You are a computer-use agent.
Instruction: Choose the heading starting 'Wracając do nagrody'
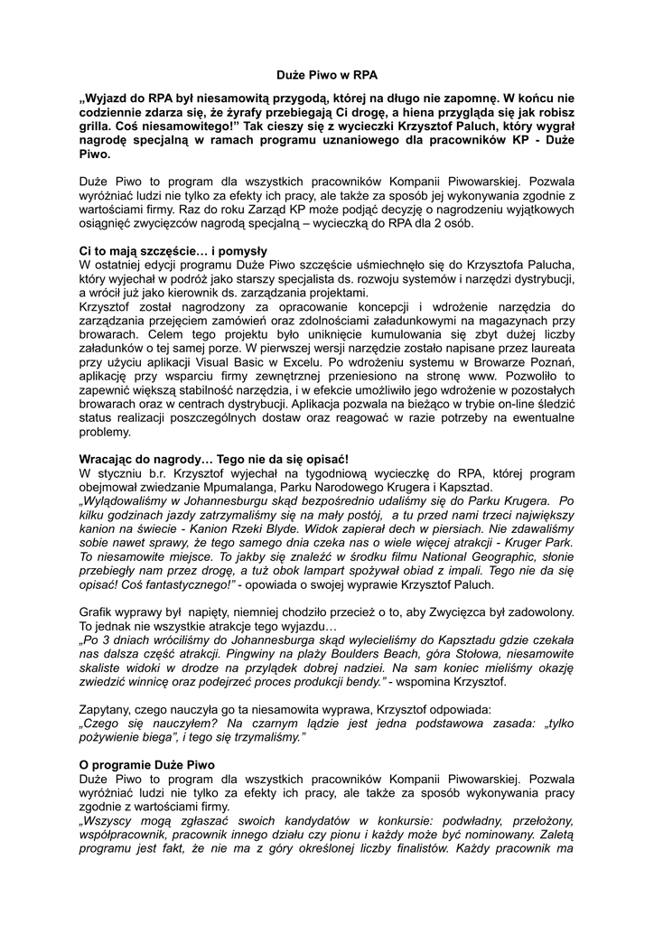pyautogui.click(x=214, y=459)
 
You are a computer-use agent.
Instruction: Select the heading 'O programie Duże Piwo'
pyautogui.click(x=147, y=765)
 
